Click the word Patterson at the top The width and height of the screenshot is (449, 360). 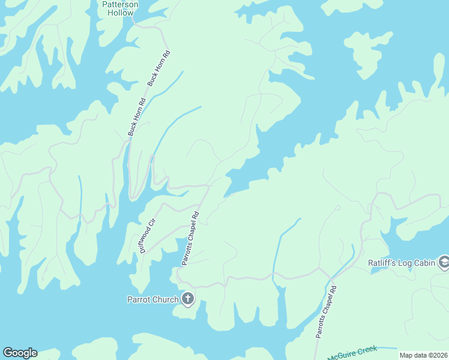click(120, 4)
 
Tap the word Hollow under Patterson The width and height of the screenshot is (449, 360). click(120, 13)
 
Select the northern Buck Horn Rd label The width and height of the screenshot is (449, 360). click(159, 68)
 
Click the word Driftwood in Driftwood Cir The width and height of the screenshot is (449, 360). click(146, 239)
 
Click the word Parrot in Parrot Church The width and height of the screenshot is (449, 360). click(140, 299)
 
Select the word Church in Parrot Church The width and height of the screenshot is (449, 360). click(166, 299)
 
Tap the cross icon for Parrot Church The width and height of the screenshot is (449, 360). click(188, 298)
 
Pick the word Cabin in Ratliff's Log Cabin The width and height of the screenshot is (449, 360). click(427, 262)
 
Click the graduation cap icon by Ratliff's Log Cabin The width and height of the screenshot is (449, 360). click(444, 262)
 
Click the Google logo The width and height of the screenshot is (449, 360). click(20, 353)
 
